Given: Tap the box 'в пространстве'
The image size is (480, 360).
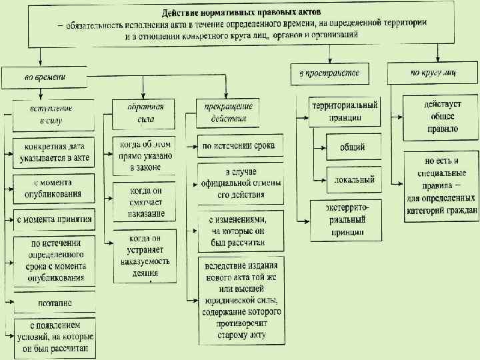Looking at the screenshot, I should point(329,73).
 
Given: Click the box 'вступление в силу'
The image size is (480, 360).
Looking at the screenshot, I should point(52,114).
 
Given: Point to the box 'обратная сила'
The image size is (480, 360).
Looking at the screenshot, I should point(142,113).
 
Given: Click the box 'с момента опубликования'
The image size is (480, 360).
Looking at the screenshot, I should point(53,189).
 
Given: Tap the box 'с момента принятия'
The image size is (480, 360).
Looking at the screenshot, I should point(53,219).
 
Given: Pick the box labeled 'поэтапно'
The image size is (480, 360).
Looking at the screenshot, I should point(53,303).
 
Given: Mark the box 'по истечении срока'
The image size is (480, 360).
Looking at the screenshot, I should point(239,145).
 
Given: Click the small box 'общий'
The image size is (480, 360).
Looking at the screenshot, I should point(352,147).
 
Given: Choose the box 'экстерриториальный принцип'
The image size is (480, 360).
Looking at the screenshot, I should point(346,220).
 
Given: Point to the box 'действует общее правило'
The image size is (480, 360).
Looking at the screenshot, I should point(441,116).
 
